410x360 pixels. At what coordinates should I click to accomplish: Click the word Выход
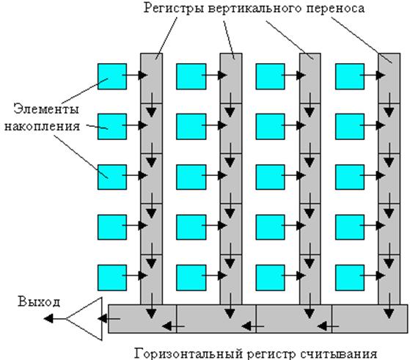tap(39, 302)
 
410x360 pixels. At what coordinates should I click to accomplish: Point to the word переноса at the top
tap(335, 9)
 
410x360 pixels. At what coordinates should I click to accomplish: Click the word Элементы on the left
tap(46, 109)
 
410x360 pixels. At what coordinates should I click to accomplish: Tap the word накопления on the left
tap(43, 126)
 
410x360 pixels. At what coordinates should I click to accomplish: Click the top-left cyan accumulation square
tap(112, 76)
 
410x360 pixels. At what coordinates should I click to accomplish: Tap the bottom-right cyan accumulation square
tap(350, 278)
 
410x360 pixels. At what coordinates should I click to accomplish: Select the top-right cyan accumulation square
tap(350, 76)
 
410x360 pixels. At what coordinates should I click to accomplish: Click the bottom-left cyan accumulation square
tap(112, 278)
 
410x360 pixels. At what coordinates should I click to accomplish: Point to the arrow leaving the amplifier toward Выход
tap(55, 319)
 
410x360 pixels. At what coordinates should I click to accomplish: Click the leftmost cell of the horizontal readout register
tap(142, 319)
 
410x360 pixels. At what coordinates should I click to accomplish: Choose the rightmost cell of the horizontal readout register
tap(370, 319)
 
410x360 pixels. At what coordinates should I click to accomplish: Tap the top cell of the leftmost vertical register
tap(151, 78)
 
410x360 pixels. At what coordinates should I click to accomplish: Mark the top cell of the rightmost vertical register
tap(389, 78)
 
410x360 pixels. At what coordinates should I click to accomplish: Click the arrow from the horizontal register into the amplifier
tap(109, 319)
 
